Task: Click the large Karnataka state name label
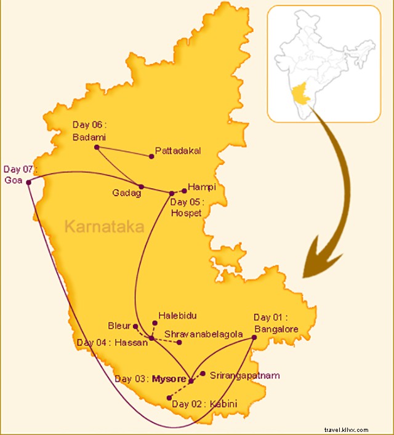[104, 227]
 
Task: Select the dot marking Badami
[97, 147]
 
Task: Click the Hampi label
[202, 186]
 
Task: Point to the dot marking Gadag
[141, 186]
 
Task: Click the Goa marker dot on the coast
[28, 182]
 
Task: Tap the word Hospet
[186, 213]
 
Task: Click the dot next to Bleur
[135, 326]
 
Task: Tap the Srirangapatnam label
[244, 375]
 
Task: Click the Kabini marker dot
[168, 397]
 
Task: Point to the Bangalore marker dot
[254, 337]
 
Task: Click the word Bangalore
[276, 329]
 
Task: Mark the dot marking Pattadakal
[151, 156]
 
